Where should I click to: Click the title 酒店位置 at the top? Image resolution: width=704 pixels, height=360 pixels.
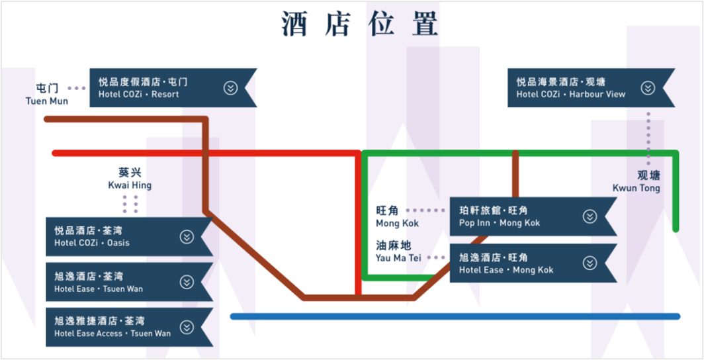pyautogui.click(x=360, y=25)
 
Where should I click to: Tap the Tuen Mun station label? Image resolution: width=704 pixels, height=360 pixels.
pyautogui.click(x=47, y=94)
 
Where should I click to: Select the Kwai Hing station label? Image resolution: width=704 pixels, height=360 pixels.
pyautogui.click(x=130, y=178)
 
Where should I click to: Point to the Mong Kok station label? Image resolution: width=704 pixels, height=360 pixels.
pyautogui.click(x=397, y=216)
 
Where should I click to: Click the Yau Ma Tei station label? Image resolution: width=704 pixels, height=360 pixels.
pyautogui.click(x=398, y=251)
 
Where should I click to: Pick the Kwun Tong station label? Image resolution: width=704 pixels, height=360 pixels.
pyautogui.click(x=637, y=181)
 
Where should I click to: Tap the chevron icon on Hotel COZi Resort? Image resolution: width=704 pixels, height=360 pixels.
pyautogui.click(x=230, y=88)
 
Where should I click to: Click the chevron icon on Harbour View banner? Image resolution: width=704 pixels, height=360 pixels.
pyautogui.click(x=648, y=88)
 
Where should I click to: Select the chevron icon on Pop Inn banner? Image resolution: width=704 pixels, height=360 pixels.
pyautogui.click(x=590, y=216)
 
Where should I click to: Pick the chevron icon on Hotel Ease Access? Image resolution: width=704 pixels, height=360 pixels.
pyautogui.click(x=187, y=327)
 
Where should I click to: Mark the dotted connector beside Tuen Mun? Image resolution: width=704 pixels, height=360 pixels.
pyautogui.click(x=77, y=88)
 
